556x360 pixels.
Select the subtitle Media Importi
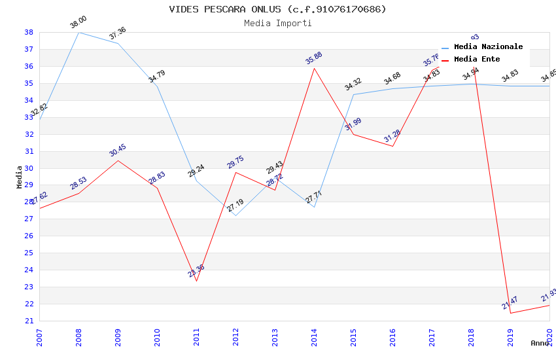(x=277, y=23)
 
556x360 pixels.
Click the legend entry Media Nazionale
(x=488, y=47)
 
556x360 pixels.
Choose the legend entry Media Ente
(x=477, y=60)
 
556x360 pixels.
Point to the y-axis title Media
(x=20, y=176)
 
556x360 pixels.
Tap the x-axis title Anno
(x=540, y=343)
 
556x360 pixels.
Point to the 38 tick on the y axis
(x=29, y=32)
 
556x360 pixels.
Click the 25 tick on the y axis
(x=29, y=253)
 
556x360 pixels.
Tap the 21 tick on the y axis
(x=29, y=321)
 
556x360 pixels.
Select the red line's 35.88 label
(x=314, y=58)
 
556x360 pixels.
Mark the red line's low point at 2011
(x=196, y=281)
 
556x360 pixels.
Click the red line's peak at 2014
(x=314, y=68)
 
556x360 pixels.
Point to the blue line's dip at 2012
(x=235, y=215)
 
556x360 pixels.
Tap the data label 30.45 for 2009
(x=118, y=151)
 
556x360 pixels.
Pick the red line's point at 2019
(x=510, y=313)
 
